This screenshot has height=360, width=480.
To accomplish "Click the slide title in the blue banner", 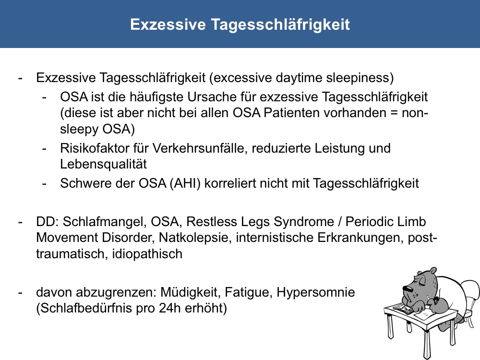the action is tap(240, 24).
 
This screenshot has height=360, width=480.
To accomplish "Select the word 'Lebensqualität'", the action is tap(104, 164).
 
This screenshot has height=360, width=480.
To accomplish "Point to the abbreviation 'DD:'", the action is tap(47, 222).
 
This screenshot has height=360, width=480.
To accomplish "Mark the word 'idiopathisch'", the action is tap(147, 254).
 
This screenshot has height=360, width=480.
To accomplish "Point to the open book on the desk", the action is tap(403, 308).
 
